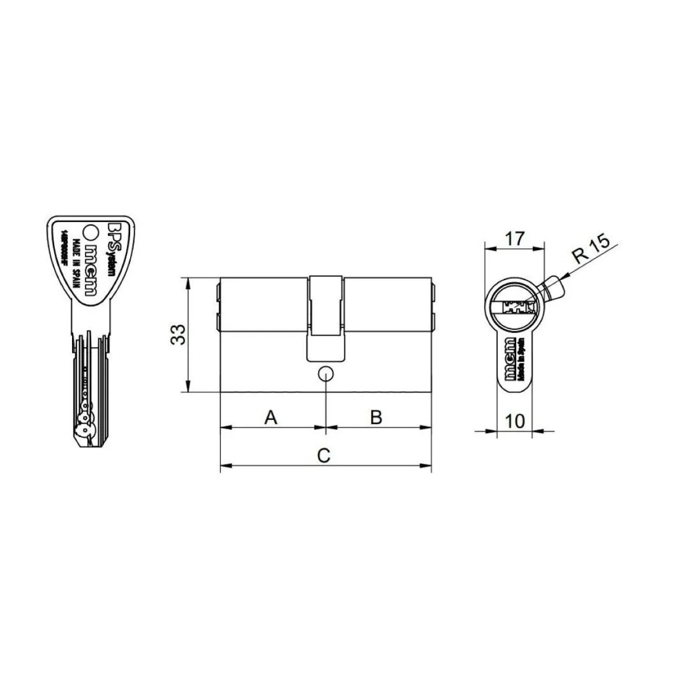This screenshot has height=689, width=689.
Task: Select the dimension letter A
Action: tap(271, 418)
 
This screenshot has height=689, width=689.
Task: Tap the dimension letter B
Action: tap(376, 418)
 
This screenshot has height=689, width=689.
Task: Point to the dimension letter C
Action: tap(324, 456)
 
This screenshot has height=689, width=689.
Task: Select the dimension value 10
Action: tap(514, 420)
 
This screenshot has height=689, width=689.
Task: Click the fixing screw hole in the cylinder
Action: tap(326, 373)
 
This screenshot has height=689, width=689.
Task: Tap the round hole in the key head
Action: tap(91, 233)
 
